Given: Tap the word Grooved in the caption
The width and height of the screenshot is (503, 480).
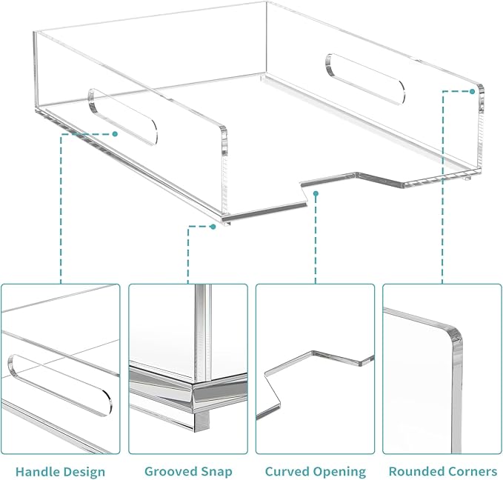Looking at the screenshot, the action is pyautogui.click(x=170, y=472).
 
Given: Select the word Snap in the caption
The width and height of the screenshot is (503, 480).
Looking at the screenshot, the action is pyautogui.click(x=216, y=472).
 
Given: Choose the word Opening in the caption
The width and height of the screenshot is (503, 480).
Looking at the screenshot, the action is pyautogui.click(x=339, y=472).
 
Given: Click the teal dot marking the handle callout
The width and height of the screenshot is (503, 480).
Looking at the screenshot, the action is pyautogui.click(x=115, y=134).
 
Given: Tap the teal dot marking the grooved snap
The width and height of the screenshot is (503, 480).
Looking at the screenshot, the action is pyautogui.click(x=213, y=227).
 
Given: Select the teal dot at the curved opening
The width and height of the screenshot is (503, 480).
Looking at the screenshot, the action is pyautogui.click(x=316, y=193).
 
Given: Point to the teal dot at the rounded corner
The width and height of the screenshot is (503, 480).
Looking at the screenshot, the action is pyautogui.click(x=472, y=91).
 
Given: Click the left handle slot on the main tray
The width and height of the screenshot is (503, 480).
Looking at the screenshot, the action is pyautogui.click(x=123, y=116).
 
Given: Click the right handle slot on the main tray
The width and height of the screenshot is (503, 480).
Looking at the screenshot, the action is pyautogui.click(x=365, y=79).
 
